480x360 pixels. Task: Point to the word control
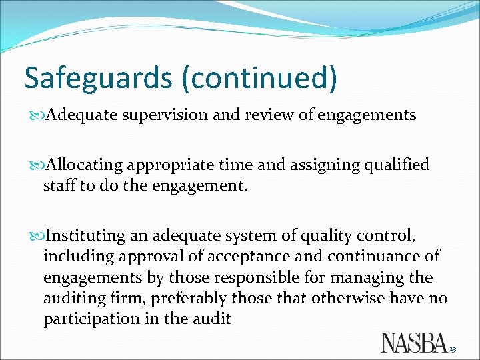[393, 235]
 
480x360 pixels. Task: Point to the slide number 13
[452, 350]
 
